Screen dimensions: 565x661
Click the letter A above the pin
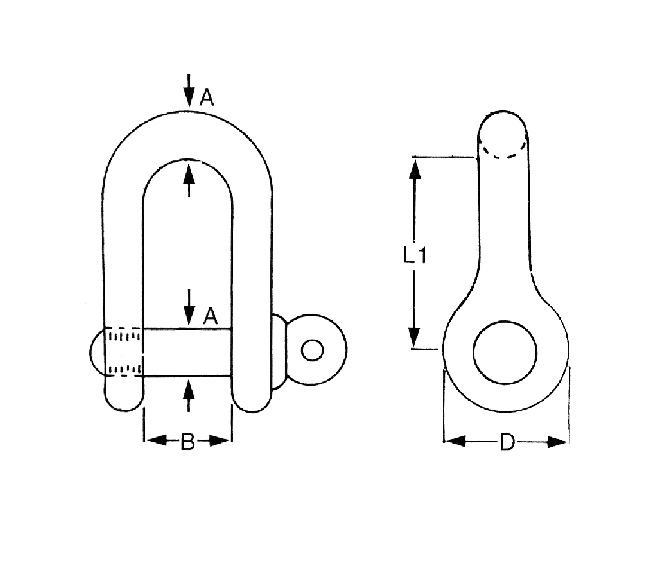(209, 316)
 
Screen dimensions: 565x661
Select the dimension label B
(188, 442)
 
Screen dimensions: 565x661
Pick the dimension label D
(507, 442)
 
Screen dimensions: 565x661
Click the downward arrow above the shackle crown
(189, 93)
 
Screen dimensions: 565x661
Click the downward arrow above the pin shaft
(189, 308)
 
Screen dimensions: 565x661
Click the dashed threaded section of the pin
(124, 352)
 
